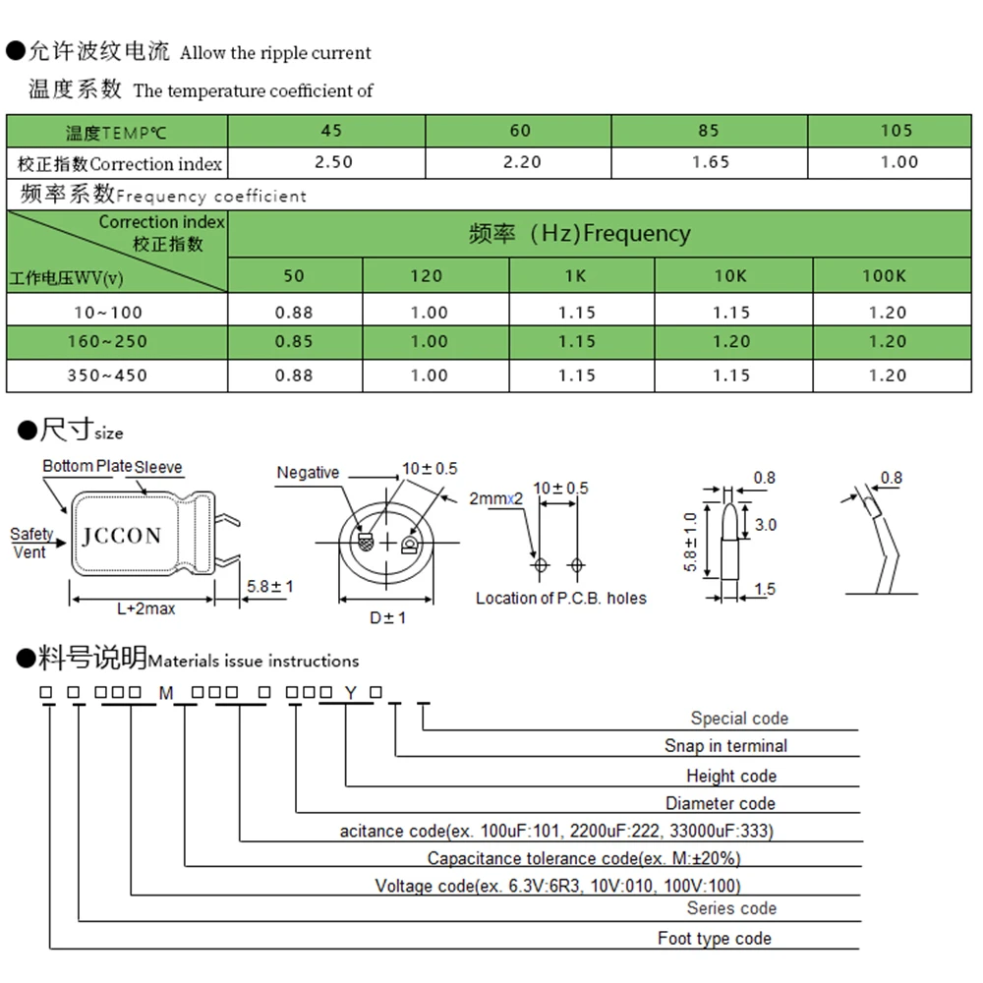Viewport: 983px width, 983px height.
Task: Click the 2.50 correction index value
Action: tap(331, 162)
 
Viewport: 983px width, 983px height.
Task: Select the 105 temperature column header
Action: tap(896, 131)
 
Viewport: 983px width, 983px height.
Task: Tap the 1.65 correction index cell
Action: tap(711, 162)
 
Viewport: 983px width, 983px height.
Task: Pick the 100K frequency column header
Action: tap(884, 276)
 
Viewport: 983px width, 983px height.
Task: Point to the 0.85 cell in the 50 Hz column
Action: tap(294, 342)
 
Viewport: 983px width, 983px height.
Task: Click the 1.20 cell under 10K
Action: tap(730, 342)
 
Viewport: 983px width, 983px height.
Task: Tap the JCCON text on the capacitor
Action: tap(121, 536)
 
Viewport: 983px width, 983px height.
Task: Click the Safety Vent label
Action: tap(31, 543)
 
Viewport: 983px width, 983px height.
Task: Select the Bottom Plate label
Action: tap(87, 466)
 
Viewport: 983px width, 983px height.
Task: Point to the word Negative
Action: tap(308, 473)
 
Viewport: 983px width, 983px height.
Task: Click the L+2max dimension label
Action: tap(145, 608)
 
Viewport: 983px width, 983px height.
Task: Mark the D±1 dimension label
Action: tap(387, 617)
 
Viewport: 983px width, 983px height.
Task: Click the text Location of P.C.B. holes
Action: tap(561, 598)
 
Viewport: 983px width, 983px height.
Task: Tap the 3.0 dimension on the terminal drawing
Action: tap(765, 525)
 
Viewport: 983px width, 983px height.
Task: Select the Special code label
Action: tap(739, 719)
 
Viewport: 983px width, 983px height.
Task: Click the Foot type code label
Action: tap(714, 939)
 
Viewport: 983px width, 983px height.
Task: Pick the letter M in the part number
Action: tap(166, 694)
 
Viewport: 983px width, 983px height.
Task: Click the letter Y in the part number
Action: tap(349, 694)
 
